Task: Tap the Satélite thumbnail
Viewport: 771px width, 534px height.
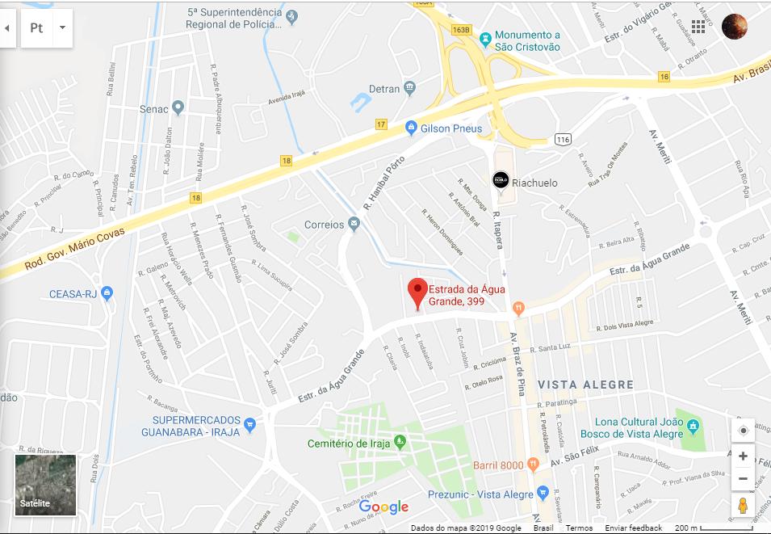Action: point(45,485)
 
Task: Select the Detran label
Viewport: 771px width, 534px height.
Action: point(384,88)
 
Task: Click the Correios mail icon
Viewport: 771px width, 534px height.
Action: point(354,225)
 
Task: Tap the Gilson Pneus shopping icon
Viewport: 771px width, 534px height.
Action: point(411,128)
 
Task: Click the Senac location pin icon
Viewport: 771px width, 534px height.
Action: point(178,108)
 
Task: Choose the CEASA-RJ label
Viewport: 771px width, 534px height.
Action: point(73,294)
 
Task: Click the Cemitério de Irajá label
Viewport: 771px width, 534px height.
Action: point(349,444)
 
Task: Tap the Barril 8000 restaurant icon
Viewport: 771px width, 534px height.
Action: point(533,465)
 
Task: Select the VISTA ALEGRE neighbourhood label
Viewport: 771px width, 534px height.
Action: point(586,385)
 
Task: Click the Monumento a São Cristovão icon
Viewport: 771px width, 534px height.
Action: point(485,38)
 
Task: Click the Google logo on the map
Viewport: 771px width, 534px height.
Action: point(383,507)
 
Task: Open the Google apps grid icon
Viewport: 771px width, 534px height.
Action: point(698,27)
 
